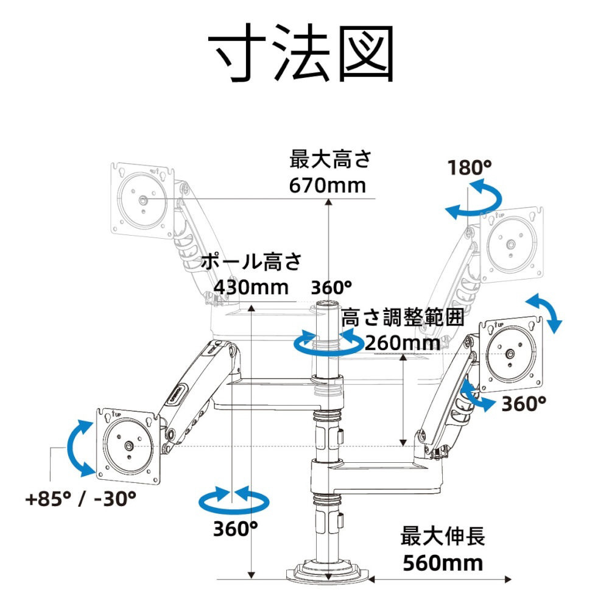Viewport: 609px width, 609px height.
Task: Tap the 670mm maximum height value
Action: coord(328,186)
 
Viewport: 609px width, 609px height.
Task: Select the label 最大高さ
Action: coord(331,160)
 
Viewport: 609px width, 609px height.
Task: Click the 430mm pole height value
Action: coord(252,288)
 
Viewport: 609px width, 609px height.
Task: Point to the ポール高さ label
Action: coord(252,261)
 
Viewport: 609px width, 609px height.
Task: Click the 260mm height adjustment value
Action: coord(403,343)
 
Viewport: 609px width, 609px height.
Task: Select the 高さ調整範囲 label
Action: coord(403,317)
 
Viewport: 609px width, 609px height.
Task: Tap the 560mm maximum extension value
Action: coord(443,563)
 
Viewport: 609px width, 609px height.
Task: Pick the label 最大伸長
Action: coord(443,537)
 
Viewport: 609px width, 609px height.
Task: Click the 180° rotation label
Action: coord(470,168)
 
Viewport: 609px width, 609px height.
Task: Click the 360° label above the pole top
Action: coord(331,288)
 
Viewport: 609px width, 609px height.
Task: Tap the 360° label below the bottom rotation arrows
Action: coord(235,529)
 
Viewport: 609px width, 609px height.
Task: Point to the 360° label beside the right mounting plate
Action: coord(524,404)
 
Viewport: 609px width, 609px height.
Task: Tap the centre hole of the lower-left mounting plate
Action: coord(128,446)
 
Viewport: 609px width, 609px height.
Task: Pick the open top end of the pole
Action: coord(329,303)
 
